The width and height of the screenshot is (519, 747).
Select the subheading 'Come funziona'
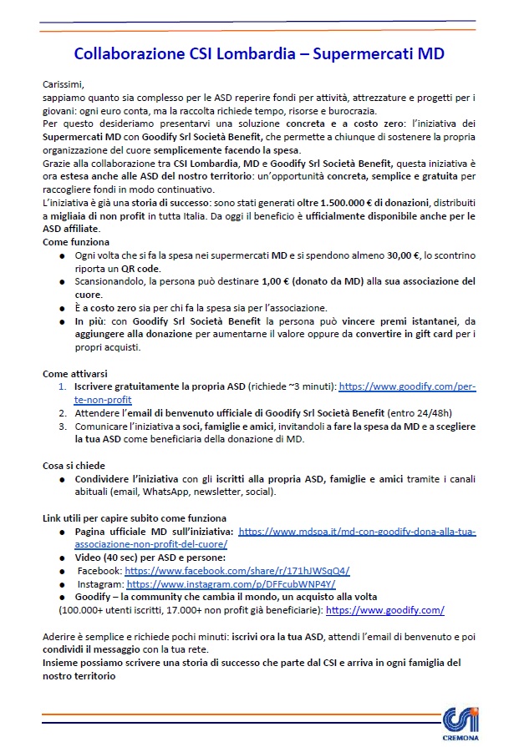[x=78, y=240]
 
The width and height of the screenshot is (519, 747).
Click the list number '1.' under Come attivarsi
[x=62, y=386]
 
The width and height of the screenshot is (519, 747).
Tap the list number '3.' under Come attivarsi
[x=62, y=426]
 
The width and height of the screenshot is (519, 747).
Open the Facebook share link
[x=237, y=571]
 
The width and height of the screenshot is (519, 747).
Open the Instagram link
[x=231, y=584]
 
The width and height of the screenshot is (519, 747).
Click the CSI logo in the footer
[x=461, y=717]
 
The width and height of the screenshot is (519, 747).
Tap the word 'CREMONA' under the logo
[x=462, y=737]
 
